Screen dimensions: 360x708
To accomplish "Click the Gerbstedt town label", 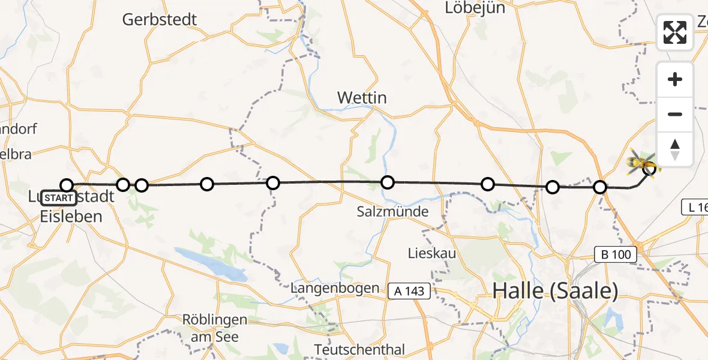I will [160, 19].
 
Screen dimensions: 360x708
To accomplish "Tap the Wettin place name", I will [362, 97].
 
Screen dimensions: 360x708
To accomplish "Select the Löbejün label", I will [475, 8].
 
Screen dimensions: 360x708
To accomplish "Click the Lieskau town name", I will [431, 253].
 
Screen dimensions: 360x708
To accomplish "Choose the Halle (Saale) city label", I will [555, 291].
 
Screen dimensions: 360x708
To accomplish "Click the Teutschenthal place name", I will [361, 349].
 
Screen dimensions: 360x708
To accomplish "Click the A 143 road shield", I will [410, 292].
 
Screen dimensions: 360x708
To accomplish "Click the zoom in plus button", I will [675, 79].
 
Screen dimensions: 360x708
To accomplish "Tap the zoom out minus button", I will [675, 114].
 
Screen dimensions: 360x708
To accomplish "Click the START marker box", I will [59, 198].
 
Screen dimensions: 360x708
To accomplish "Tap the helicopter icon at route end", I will [642, 162].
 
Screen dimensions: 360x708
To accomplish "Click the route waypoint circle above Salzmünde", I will [388, 182].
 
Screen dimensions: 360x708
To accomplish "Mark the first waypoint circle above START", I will [67, 185].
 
